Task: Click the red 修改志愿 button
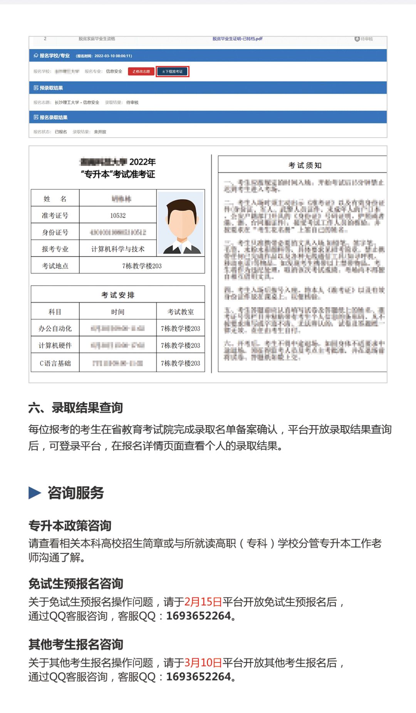tap(141, 71)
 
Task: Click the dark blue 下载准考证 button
tap(172, 71)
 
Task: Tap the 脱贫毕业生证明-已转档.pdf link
tap(237, 39)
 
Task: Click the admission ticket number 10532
tap(118, 215)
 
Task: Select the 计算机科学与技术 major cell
tap(118, 249)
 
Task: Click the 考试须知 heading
tap(305, 165)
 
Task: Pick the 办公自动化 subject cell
tap(55, 328)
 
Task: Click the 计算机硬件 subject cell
tap(55, 345)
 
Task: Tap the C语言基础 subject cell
tap(55, 363)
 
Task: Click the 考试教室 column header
tap(180, 312)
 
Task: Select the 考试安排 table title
tap(118, 295)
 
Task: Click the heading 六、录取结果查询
tap(75, 407)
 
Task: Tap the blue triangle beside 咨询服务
tap(35, 493)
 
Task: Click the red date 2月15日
tap(203, 602)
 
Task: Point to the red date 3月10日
tap(203, 663)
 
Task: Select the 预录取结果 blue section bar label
tap(51, 88)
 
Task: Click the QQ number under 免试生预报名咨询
tap(198, 616)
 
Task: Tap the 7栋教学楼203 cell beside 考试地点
tap(142, 266)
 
